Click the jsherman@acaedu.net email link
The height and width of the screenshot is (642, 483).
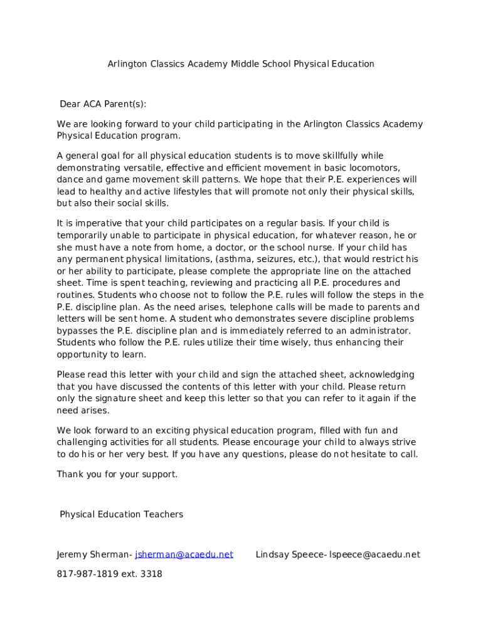pos(184,554)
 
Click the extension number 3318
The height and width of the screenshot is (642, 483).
pos(151,574)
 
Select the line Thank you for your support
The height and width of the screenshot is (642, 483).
pos(117,474)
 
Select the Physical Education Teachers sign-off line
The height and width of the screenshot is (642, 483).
pos(122,515)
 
